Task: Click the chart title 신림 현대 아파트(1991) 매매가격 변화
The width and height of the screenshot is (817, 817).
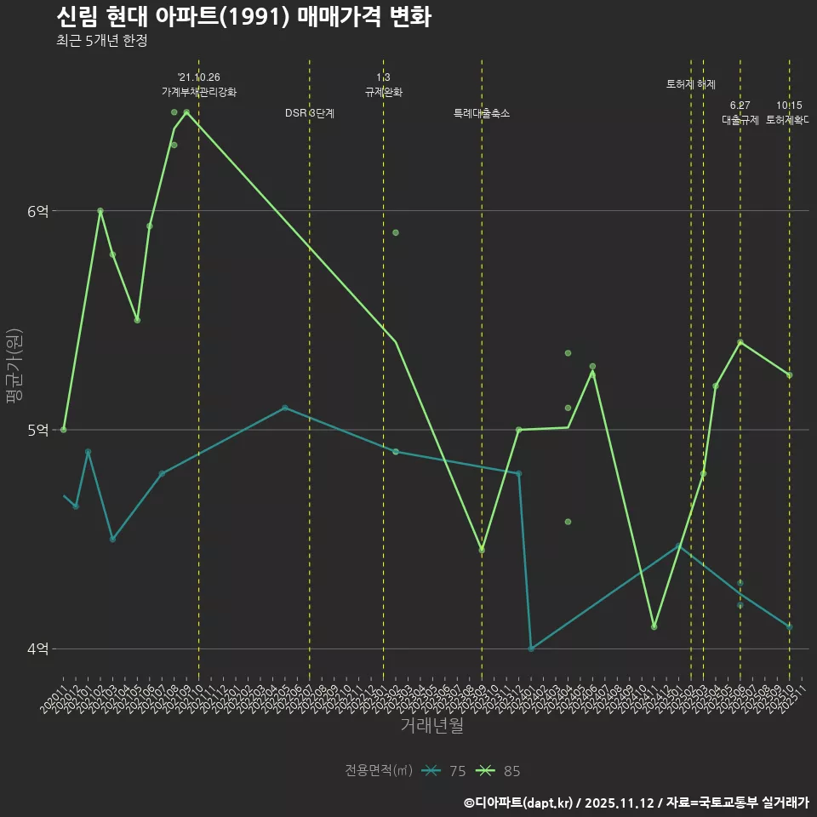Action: pos(243,18)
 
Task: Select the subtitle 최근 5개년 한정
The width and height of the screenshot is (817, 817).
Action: pos(102,41)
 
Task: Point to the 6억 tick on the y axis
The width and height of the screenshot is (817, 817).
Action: pos(37,211)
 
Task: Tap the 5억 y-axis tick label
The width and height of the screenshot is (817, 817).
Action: pos(37,430)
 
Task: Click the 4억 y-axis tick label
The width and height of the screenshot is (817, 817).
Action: pos(37,648)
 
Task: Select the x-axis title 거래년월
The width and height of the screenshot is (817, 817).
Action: pos(432,726)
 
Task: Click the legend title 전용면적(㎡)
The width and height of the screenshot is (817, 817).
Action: pos(379,771)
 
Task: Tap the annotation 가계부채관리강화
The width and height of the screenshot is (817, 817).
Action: pos(199,92)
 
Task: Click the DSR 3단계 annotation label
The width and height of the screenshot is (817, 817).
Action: pos(310,113)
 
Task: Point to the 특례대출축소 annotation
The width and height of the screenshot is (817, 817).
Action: pos(482,113)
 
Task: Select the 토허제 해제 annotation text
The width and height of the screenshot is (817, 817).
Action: pos(691,84)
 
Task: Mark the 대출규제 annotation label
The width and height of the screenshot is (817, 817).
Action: pos(740,120)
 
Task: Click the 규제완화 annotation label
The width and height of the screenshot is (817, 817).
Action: pos(383,92)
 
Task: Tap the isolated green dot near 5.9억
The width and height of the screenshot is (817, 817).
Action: pos(396,232)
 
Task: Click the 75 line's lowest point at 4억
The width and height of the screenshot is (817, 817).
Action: pos(531,648)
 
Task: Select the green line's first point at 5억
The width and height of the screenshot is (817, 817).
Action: pos(64,430)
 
